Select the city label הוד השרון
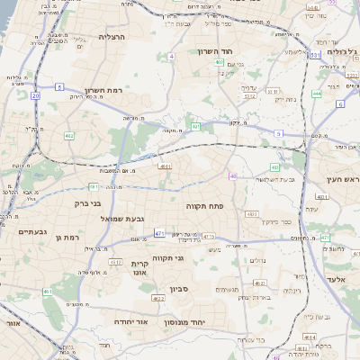point(216,51)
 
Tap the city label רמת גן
point(67,237)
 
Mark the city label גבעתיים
point(32,231)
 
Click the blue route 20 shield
point(36,94)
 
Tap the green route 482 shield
point(69,136)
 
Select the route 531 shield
point(315,56)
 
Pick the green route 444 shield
point(317,93)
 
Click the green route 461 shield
point(48,292)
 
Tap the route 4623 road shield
point(158,298)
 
